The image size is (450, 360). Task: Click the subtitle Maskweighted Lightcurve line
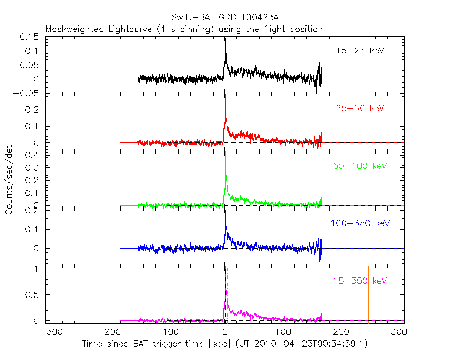(184, 29)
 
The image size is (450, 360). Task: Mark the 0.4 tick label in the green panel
(35, 155)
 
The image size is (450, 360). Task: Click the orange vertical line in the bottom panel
(368, 294)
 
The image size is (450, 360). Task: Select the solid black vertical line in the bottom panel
(293, 294)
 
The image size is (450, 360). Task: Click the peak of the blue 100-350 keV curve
(226, 212)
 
